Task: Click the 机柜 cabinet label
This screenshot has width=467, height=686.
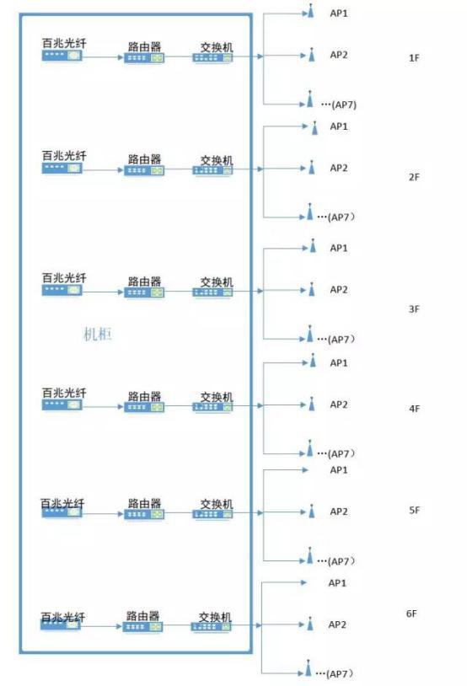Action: click(98, 335)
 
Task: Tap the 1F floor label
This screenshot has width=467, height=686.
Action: click(414, 58)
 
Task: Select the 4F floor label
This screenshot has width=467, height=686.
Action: click(414, 409)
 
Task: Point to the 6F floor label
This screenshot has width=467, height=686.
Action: click(411, 614)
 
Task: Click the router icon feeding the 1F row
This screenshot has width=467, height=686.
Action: click(144, 58)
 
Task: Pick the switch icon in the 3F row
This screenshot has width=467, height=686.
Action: click(212, 292)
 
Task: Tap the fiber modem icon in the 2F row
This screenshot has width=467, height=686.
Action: click(62, 168)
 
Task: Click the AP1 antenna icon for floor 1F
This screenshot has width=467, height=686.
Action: click(311, 11)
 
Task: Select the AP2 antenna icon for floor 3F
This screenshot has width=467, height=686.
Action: click(312, 289)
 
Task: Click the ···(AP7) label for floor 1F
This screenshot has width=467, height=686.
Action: click(339, 105)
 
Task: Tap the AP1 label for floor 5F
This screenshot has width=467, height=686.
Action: click(339, 470)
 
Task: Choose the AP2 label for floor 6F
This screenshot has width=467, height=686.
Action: click(337, 624)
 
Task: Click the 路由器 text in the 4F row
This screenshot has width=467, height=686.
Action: click(144, 396)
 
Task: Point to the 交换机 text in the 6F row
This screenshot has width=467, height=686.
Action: click(215, 617)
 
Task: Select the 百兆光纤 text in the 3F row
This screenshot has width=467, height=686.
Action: click(64, 278)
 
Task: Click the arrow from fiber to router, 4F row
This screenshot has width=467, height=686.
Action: click(103, 407)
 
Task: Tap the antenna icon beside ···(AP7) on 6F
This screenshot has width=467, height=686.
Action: click(309, 667)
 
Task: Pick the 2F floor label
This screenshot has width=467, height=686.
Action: click(414, 177)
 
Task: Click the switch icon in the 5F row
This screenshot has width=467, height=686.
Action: click(212, 514)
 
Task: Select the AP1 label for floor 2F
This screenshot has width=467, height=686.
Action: click(339, 126)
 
